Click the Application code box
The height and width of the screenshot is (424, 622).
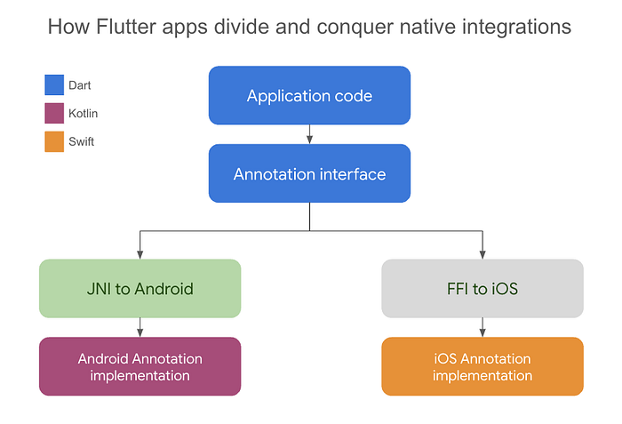309,95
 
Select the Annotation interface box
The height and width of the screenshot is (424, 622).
309,173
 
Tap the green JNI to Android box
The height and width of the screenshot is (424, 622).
140,288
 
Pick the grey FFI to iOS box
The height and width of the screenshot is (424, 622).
482,288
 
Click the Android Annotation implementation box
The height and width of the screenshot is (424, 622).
140,366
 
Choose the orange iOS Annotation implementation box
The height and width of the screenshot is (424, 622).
482,366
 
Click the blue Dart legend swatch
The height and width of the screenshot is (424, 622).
54,85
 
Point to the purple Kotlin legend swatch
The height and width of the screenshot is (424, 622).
54,113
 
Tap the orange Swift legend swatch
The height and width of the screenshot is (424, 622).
54,140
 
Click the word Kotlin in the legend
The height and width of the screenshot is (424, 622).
84,113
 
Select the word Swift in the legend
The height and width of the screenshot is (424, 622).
82,140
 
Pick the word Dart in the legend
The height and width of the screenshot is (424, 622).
80,85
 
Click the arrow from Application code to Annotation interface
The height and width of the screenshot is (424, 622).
309,134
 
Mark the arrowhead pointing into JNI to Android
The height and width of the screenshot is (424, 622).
140,254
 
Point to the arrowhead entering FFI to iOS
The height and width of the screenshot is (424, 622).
482,254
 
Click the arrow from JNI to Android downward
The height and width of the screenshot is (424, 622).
140,327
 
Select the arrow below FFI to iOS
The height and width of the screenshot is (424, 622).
482,327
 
